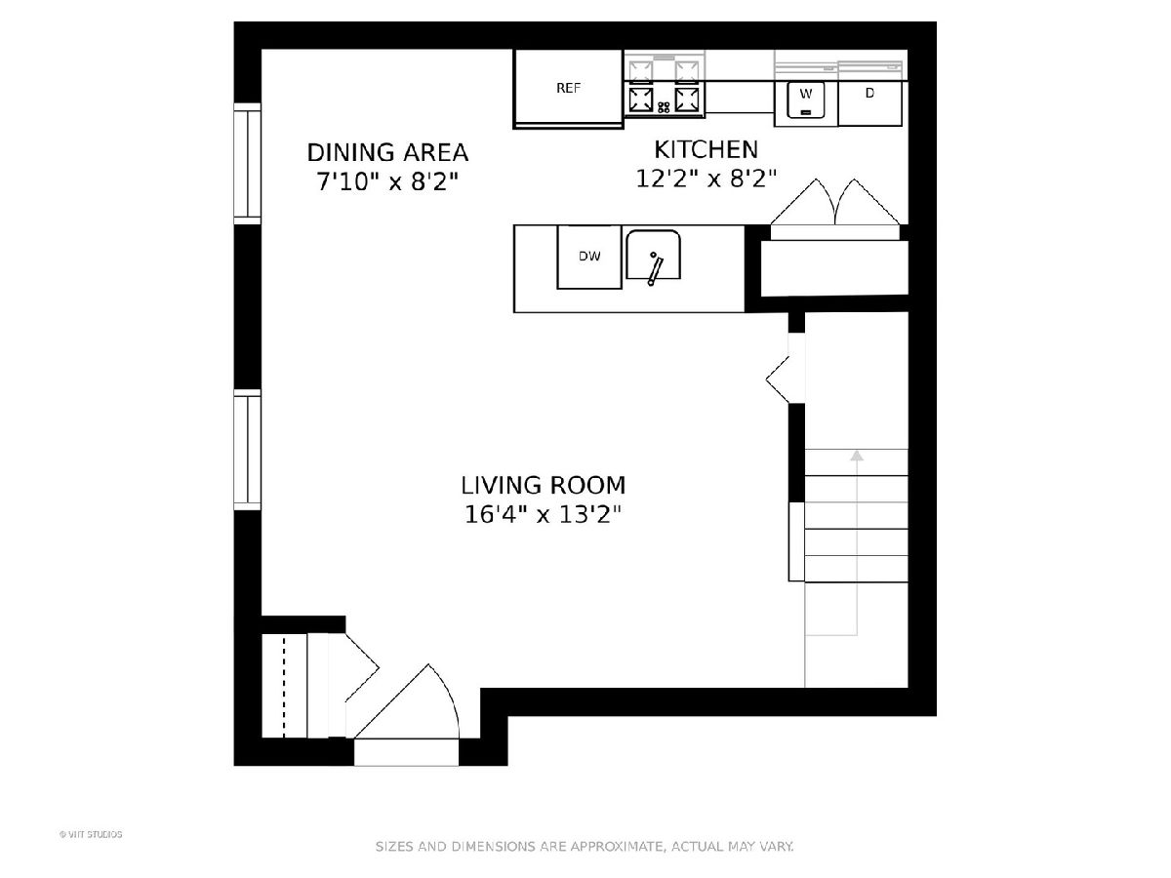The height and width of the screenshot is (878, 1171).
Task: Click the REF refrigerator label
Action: coord(568,89)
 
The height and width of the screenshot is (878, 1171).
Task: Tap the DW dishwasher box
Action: coord(589,257)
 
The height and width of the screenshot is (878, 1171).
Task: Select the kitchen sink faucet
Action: coord(654,268)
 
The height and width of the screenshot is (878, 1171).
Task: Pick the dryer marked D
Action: coord(869,103)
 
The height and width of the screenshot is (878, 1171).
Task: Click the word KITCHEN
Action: coord(706,150)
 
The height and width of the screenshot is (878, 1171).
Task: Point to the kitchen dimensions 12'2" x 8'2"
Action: coord(706,179)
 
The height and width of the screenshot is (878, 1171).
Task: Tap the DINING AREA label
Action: coord(387,153)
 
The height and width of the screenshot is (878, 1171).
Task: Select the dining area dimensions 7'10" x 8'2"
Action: coord(387,181)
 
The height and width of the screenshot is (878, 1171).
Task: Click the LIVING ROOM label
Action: coord(544,486)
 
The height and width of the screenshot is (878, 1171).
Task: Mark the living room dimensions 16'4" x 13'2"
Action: coord(544,515)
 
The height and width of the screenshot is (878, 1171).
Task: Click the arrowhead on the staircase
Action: coord(857,456)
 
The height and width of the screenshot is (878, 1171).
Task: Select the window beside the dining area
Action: coord(248,164)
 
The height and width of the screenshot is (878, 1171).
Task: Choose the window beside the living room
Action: coord(248,450)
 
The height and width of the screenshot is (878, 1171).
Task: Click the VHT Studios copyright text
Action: coord(91,834)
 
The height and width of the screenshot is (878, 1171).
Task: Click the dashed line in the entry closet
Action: coord(284,687)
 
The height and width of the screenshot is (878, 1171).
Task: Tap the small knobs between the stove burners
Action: coord(664,107)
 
